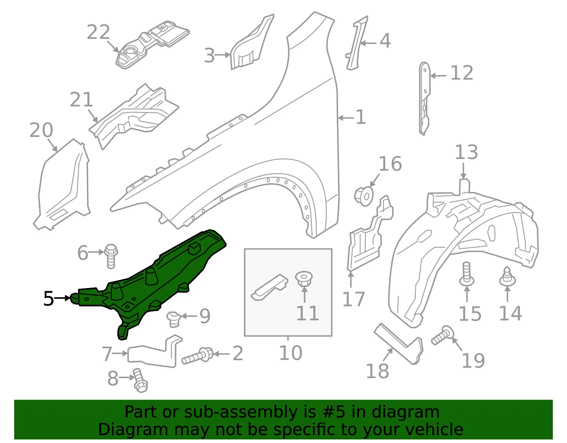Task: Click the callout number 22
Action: (x=98, y=32)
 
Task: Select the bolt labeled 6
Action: (x=111, y=256)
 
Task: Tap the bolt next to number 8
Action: (x=140, y=380)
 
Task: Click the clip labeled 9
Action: (x=174, y=319)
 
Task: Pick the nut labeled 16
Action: (x=364, y=196)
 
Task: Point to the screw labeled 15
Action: (x=467, y=274)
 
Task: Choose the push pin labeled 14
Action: (x=507, y=277)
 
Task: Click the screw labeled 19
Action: (x=443, y=335)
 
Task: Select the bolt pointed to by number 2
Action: (x=198, y=355)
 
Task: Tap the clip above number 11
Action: (x=304, y=279)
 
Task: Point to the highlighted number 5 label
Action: (x=49, y=298)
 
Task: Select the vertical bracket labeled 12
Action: (x=424, y=99)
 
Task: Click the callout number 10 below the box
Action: (x=291, y=353)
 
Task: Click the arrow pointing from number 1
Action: (x=346, y=118)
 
